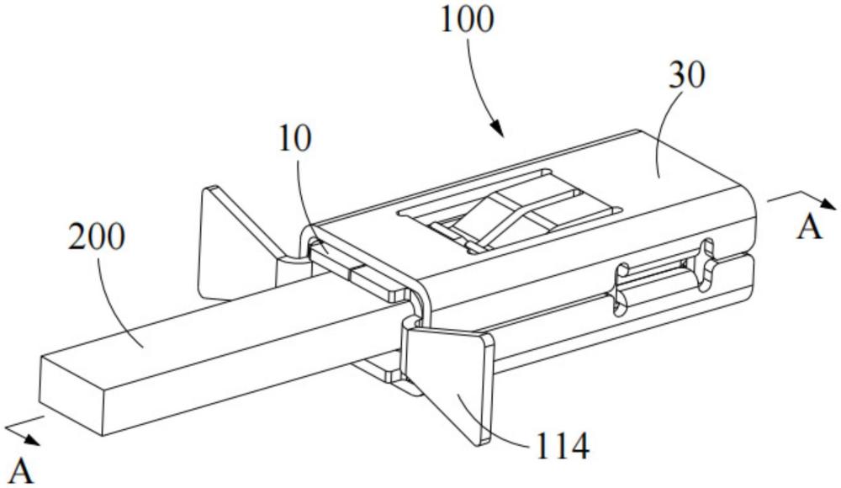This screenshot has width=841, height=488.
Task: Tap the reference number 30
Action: (x=686, y=75)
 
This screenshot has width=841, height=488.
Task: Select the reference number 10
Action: (x=295, y=139)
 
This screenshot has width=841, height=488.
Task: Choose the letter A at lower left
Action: (x=22, y=472)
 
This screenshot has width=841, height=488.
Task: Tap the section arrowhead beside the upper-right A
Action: (x=828, y=203)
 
